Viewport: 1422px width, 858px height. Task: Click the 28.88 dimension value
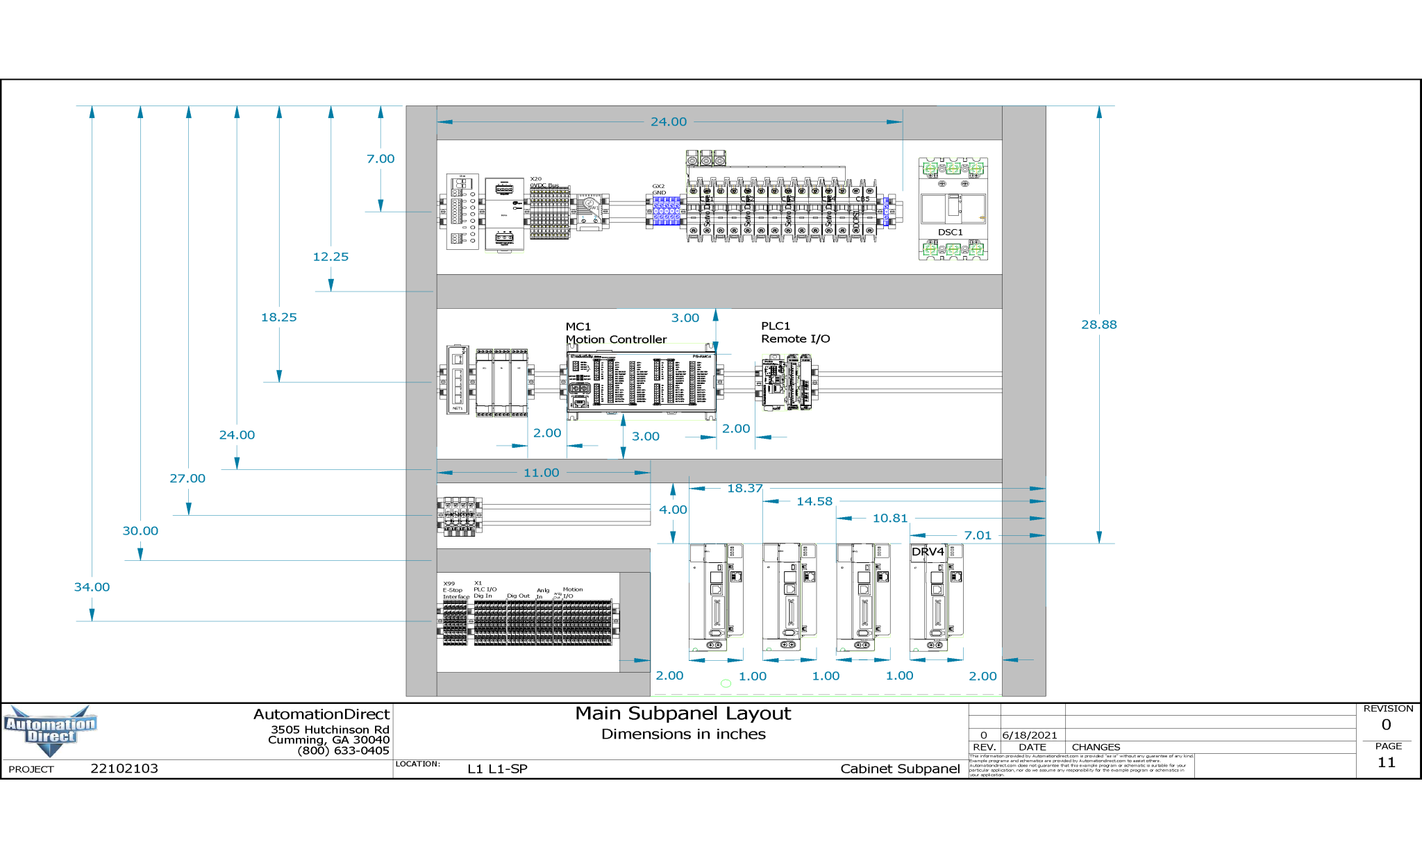(x=1098, y=324)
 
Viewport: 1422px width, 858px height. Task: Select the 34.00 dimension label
(x=92, y=587)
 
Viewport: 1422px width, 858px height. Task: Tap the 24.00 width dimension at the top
(x=668, y=121)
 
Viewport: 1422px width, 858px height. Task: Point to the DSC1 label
(x=950, y=232)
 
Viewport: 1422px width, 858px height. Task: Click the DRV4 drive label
(x=928, y=552)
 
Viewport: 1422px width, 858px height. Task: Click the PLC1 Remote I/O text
(x=795, y=333)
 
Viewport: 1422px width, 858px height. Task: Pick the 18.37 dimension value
(x=744, y=488)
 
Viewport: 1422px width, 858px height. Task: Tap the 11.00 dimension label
(x=541, y=473)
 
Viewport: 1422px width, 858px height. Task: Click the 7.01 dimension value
(x=977, y=535)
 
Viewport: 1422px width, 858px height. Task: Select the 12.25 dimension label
(x=331, y=257)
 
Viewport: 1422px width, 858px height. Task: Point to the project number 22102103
(x=124, y=768)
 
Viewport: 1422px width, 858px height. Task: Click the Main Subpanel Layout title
(x=683, y=714)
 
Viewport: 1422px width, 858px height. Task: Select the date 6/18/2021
(x=1029, y=735)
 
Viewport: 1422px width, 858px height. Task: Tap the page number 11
(x=1386, y=762)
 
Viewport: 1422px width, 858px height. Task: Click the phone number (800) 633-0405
(x=343, y=750)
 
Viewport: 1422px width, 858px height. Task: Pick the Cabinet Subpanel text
(x=900, y=768)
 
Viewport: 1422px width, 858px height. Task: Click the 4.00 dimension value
(x=673, y=510)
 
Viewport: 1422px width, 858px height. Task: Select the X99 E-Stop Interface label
(x=455, y=590)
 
